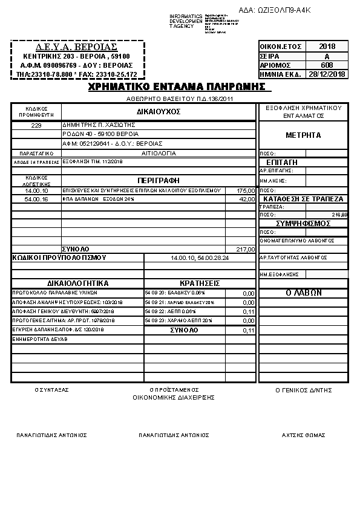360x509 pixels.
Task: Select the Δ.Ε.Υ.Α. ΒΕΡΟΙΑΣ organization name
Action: point(76,47)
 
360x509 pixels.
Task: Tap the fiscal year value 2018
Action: point(326,47)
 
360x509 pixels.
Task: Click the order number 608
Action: point(326,65)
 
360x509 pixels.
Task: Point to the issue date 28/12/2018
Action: point(326,74)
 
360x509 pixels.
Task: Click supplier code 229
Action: point(36,125)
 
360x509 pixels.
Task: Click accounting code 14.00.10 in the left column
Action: point(36,190)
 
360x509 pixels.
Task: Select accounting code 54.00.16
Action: point(36,199)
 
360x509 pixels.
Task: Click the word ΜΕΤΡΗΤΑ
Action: point(303,135)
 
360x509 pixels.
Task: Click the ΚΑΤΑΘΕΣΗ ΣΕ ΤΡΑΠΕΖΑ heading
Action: point(303,199)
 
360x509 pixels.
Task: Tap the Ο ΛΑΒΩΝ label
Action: point(303,293)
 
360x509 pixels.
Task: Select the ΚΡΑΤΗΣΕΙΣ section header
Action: point(200,283)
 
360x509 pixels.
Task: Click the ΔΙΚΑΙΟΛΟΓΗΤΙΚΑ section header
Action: point(77,283)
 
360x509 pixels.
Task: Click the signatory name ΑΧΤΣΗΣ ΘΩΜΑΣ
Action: point(304,435)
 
